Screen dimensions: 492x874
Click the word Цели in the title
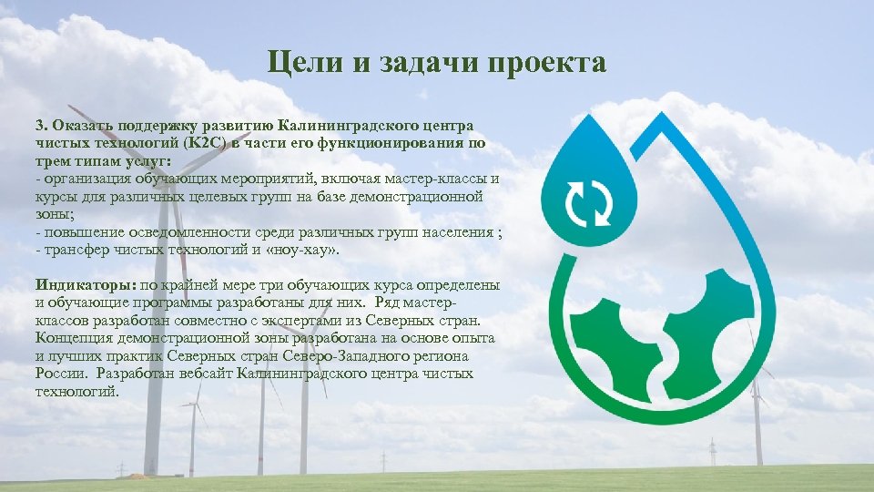coord(296,63)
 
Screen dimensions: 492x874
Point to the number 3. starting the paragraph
coord(42,123)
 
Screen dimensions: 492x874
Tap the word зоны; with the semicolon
coord(54,213)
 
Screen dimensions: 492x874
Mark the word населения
coord(461,231)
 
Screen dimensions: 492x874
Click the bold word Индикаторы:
coord(86,285)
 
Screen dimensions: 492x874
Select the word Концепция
coord(73,339)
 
